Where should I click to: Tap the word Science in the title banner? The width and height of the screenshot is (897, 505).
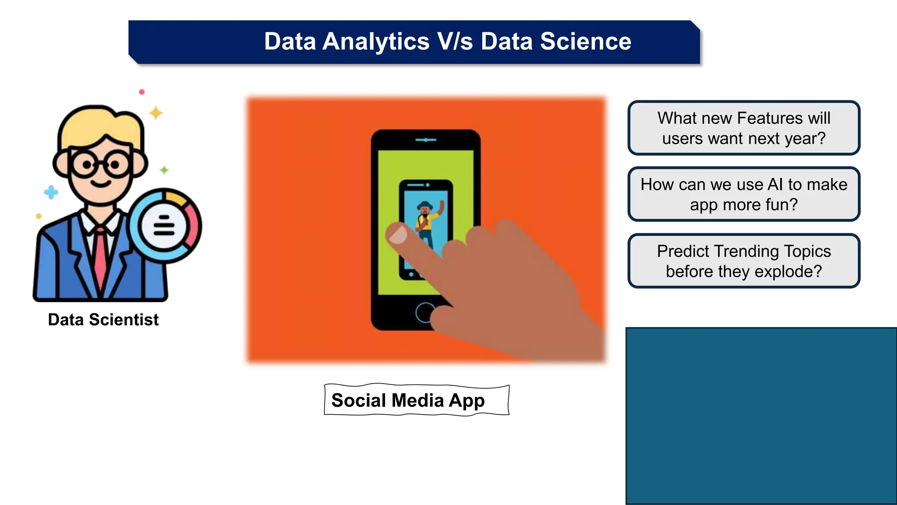click(586, 42)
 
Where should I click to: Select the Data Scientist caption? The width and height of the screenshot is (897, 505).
click(103, 320)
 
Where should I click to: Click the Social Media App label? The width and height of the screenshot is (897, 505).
click(408, 400)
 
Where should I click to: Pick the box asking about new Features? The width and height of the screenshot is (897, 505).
click(744, 128)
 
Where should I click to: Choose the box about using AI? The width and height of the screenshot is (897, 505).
click(744, 194)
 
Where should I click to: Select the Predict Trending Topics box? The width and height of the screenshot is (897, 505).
click(744, 261)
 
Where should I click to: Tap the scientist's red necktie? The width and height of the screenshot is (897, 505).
click(100, 259)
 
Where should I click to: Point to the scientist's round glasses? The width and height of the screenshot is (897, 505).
click(101, 165)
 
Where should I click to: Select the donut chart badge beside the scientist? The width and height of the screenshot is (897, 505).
click(165, 226)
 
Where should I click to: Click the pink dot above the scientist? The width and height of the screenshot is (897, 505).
click(141, 92)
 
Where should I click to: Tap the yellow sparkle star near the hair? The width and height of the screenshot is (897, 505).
click(156, 113)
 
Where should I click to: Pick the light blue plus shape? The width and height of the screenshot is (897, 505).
click(51, 192)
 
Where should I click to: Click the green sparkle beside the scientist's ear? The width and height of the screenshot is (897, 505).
click(164, 170)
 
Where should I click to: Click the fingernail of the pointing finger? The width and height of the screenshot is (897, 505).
click(398, 234)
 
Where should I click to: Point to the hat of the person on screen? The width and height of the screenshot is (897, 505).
click(424, 205)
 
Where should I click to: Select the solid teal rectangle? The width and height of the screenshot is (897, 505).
click(761, 416)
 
